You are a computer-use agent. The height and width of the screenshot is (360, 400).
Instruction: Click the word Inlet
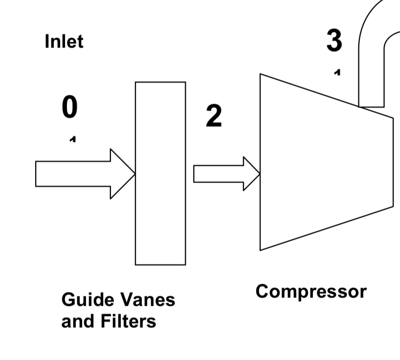(x=64, y=41)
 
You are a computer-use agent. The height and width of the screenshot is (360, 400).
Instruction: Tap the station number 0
(x=69, y=107)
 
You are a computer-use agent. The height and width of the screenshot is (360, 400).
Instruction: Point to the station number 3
(x=334, y=41)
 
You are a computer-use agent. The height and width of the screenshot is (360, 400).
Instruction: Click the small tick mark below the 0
(x=72, y=140)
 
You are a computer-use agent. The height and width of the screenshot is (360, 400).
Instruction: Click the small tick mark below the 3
(x=337, y=72)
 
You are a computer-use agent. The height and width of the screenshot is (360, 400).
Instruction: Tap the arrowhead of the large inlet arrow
(x=122, y=174)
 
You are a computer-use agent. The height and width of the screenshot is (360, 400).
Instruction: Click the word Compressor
(x=311, y=292)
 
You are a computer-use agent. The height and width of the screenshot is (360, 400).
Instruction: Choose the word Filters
(x=128, y=321)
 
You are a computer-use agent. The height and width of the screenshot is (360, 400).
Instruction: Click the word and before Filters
(x=77, y=321)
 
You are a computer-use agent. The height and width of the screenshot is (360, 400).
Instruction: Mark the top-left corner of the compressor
(x=261, y=75)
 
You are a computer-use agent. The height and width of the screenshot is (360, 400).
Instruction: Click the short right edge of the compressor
(x=393, y=162)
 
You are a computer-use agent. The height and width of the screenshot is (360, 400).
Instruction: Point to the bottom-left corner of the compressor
(x=261, y=249)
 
